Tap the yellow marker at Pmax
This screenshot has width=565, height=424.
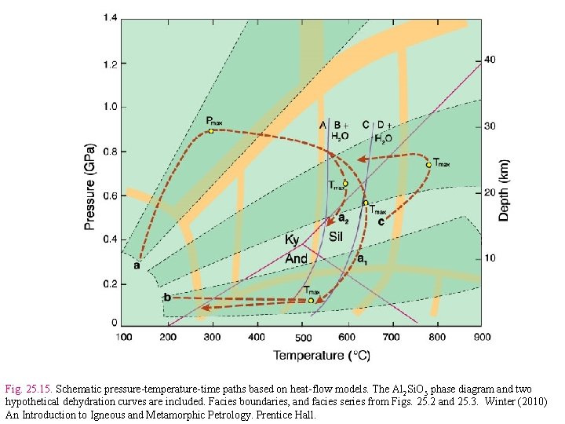[211, 131]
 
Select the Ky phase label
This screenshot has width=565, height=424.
[291, 239]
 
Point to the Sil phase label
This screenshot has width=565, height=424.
[336, 236]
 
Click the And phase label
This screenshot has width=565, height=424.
[296, 258]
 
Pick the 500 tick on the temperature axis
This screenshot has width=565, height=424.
[303, 338]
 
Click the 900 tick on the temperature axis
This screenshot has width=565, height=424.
[481, 337]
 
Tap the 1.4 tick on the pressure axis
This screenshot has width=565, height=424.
[109, 18]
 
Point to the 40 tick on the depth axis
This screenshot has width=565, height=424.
[490, 60]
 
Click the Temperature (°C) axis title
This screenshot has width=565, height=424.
[321, 356]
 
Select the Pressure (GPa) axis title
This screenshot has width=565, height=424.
[90, 186]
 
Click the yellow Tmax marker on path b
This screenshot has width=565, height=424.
[311, 300]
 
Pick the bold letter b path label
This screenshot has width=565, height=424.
[167, 297]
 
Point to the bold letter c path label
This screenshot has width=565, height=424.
[381, 221]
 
